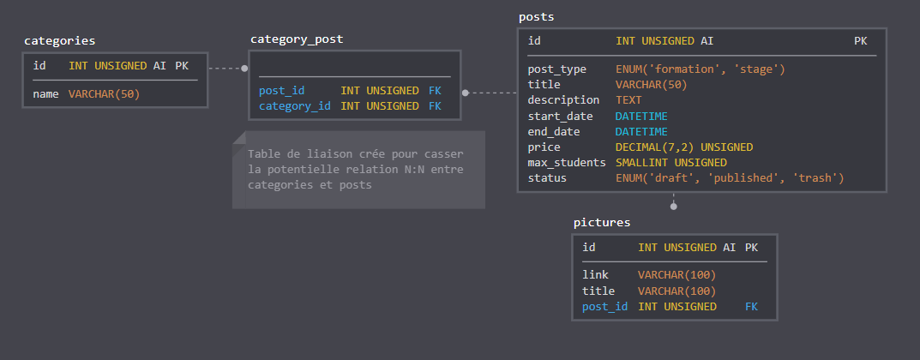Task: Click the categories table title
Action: pos(59,41)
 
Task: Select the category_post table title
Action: pos(297,39)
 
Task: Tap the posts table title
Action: pos(536,17)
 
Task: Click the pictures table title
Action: pos(602,223)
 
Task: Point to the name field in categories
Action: pos(45,93)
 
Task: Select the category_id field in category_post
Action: pos(295,106)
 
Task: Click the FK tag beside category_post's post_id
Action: pos(435,91)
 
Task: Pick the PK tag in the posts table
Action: pos(861,41)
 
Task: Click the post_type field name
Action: pos(556,69)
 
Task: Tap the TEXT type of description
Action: pos(628,100)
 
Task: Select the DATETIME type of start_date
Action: pos(641,116)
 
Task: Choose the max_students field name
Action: pos(567,163)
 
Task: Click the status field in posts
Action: pos(547,178)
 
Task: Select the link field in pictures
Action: pos(596,275)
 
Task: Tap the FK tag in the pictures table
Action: pos(752,307)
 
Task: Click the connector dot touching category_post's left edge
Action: pos(244,68)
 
